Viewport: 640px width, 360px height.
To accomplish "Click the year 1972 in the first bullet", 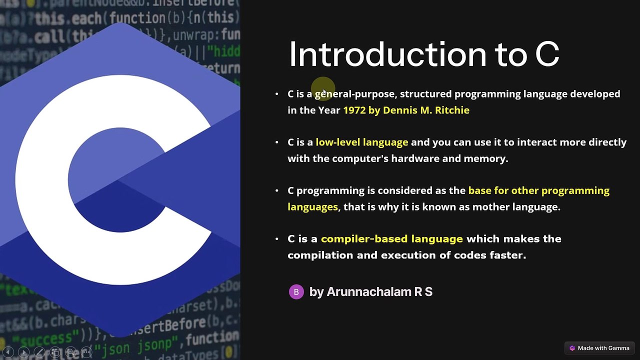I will (x=354, y=110).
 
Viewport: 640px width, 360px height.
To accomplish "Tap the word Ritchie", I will (x=452, y=110).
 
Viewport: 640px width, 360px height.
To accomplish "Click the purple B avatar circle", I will (x=296, y=292).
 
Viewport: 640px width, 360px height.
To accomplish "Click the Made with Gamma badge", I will (x=599, y=348).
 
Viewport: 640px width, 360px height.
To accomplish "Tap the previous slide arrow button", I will (x=8, y=352).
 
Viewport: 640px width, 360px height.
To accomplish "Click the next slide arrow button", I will (x=23, y=352).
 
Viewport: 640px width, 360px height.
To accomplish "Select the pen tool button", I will (x=39, y=352).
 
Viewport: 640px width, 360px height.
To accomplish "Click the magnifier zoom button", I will (x=70, y=352).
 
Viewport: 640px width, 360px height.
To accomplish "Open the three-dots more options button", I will (x=86, y=352).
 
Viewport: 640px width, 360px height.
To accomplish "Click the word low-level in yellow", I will (x=337, y=142).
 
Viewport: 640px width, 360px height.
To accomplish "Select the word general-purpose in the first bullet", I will (x=354, y=94).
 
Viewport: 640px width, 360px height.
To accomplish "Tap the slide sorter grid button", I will (x=55, y=352).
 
